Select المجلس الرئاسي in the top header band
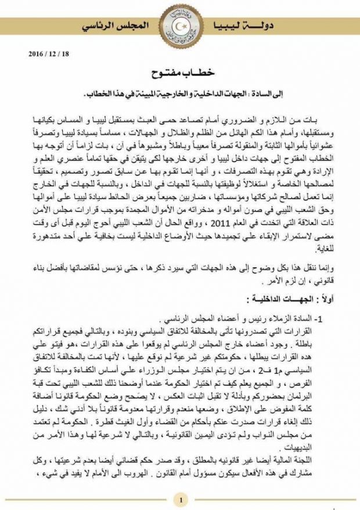click(x=119, y=27)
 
